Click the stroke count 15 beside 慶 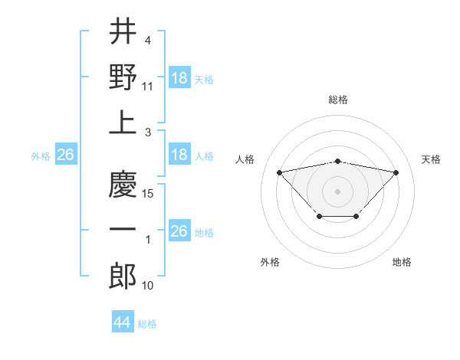click(149, 194)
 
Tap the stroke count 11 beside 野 click(149, 87)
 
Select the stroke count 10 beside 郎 click(149, 286)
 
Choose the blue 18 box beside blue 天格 click(179, 78)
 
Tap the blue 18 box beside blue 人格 click(179, 155)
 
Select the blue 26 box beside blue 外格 click(65, 155)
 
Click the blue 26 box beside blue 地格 click(179, 231)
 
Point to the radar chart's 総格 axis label click(338, 100)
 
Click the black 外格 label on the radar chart click(270, 262)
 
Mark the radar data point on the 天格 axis click(396, 172)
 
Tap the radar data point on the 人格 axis click(279, 172)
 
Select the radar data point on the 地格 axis click(356, 217)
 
